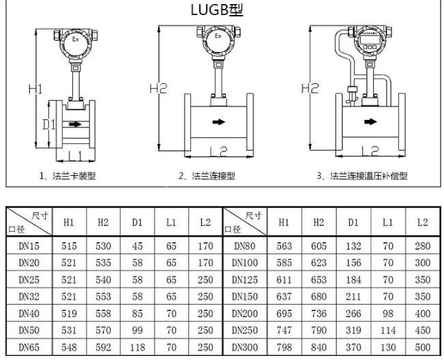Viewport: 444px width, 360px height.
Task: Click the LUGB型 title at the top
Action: point(217,10)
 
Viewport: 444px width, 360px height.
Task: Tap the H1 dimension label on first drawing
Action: point(35,89)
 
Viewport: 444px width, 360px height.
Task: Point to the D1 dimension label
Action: point(48,125)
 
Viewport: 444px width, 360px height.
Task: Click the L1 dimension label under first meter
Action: point(75,155)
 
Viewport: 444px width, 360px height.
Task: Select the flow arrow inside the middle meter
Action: point(219,122)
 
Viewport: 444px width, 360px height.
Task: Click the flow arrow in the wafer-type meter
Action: point(75,124)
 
